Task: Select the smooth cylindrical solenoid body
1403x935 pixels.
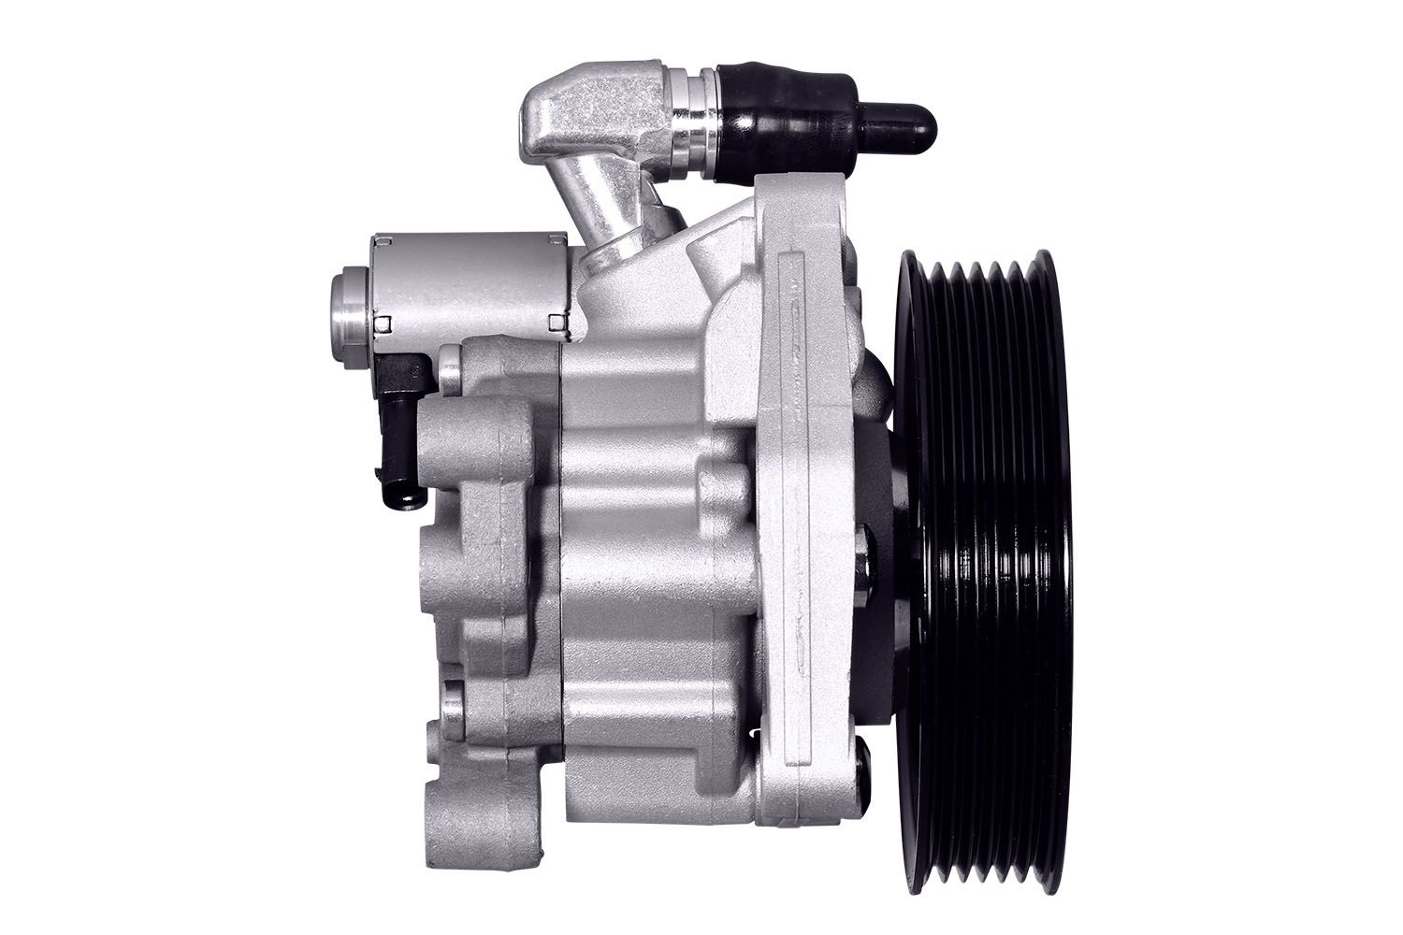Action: pyautogui.click(x=468, y=285)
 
